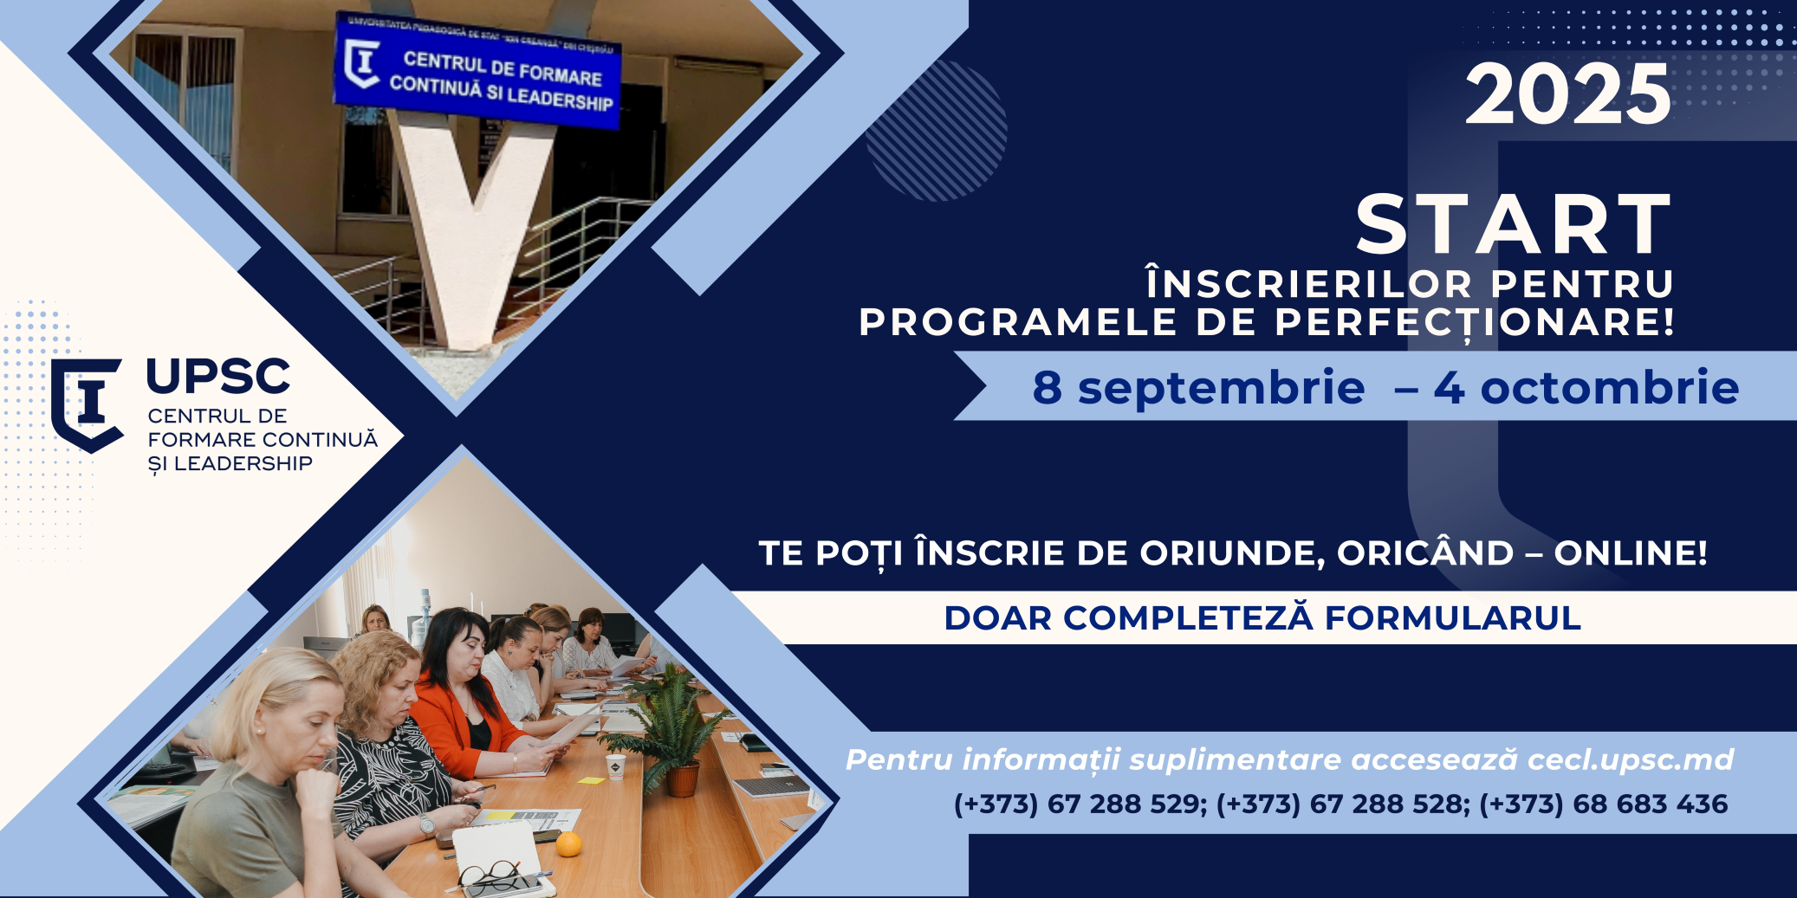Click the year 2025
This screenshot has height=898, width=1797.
tap(1567, 94)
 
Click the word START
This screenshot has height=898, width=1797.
tap(1514, 224)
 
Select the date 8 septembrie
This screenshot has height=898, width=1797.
tap(1198, 387)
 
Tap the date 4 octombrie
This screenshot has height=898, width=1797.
tap(1586, 387)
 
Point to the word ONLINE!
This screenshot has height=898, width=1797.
tap(1630, 552)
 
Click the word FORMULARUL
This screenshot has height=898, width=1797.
tap(1453, 618)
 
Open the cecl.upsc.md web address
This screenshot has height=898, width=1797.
tap(1630, 759)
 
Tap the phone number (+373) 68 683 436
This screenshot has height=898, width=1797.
tap(1603, 804)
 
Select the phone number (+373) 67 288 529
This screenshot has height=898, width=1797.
tap(1080, 804)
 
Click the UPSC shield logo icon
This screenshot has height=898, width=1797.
tap(86, 404)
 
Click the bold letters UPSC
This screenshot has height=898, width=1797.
tap(218, 377)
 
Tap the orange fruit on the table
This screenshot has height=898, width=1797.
tap(568, 843)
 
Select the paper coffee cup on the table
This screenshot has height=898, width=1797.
tap(615, 767)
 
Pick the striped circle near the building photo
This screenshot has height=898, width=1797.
tap(937, 131)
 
